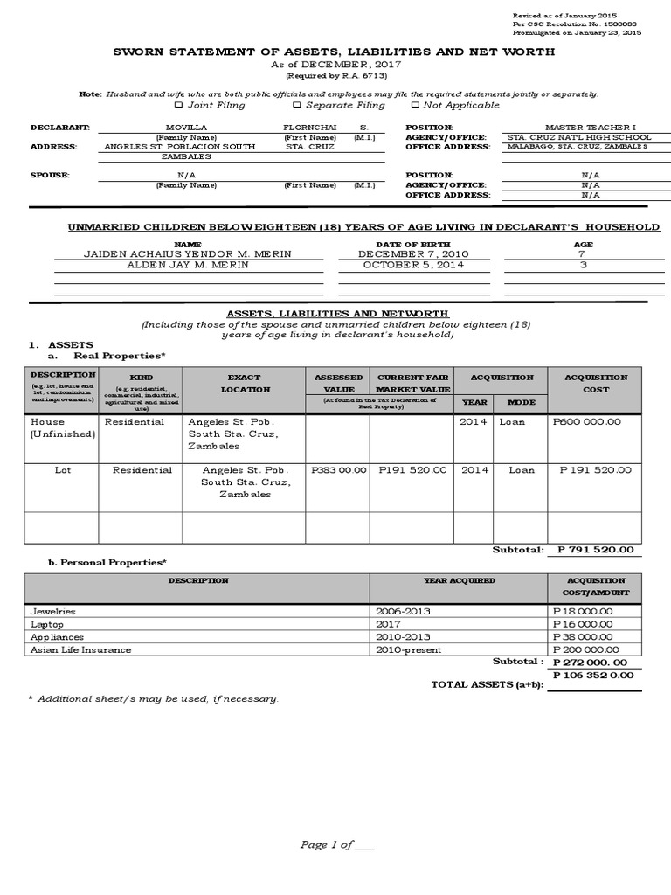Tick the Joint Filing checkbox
[178, 106]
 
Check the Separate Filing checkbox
[296, 106]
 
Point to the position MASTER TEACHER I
[578, 128]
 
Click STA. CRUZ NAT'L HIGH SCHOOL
[578, 137]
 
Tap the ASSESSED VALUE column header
[339, 384]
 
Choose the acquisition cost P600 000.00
[586, 421]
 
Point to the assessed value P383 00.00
[338, 469]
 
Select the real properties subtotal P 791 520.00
[594, 550]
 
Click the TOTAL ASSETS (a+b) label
[487, 684]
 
